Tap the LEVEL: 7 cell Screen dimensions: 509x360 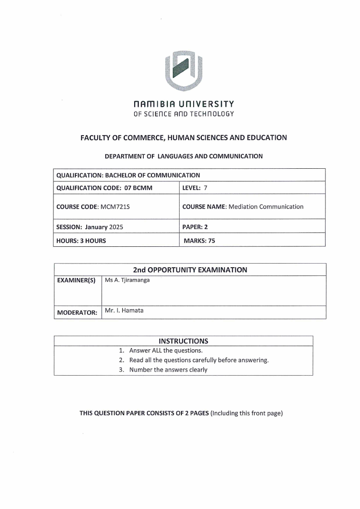[195, 188]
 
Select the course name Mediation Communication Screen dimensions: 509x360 [266, 206]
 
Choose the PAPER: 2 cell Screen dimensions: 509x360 [195, 227]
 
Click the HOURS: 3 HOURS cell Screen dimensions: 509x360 [81, 241]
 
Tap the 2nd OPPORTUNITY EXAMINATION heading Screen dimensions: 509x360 [190, 270]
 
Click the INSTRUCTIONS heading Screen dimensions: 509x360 [184, 341]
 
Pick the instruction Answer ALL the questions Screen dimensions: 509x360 [165, 351]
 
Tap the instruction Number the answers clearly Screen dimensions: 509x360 [168, 370]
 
